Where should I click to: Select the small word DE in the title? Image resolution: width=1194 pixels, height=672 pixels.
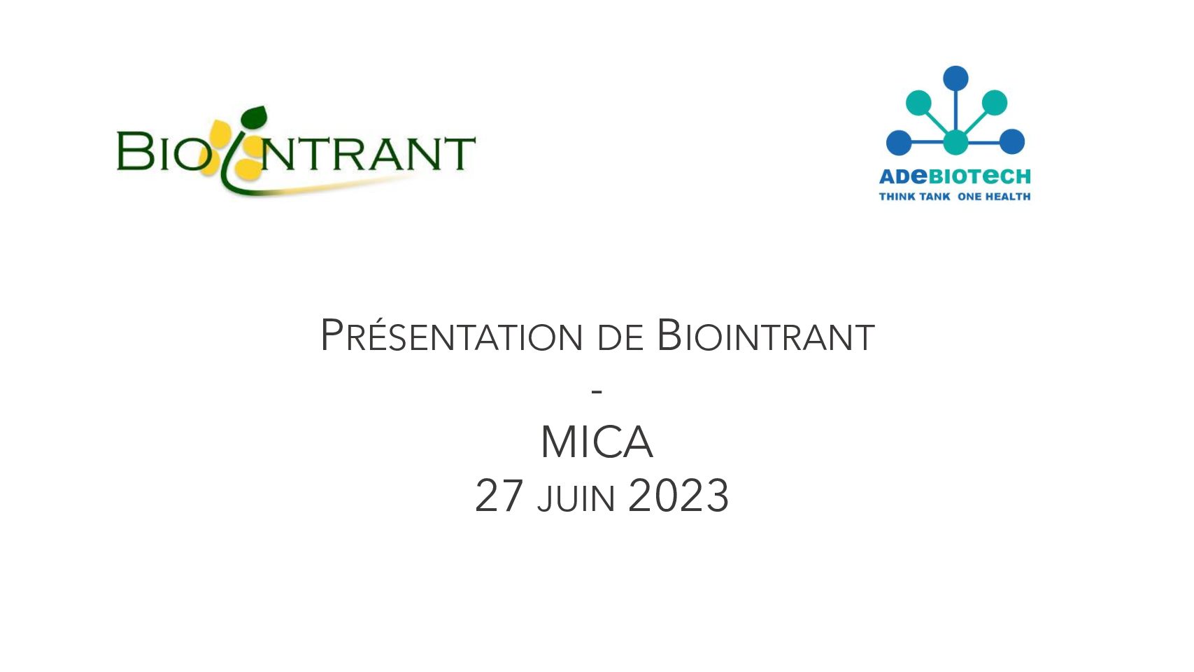pos(620,338)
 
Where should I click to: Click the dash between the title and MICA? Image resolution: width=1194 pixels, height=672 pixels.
pos(597,392)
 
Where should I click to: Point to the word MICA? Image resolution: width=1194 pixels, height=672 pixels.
pos(597,442)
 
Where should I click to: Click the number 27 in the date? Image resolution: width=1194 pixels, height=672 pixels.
pos(499,496)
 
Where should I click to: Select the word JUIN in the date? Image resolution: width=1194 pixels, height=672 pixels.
pos(576,498)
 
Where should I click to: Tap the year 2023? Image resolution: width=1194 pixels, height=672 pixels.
pos(678,496)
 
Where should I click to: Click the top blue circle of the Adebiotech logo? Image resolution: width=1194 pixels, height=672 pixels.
pos(955,78)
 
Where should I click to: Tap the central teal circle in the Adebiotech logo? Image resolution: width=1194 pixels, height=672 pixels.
pos(955,142)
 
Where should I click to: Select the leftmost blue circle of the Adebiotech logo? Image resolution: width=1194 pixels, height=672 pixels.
pos(899,142)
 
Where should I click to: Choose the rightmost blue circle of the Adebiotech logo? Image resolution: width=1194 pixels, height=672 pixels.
pos(1011,142)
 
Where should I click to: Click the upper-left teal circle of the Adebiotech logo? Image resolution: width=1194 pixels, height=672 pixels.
pos(918,102)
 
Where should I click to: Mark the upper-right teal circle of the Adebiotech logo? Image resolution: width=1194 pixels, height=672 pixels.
pos(994,102)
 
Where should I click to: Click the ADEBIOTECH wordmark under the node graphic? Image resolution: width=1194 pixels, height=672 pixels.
pos(955,176)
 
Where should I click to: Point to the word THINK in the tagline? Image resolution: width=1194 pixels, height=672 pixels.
pos(895,197)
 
